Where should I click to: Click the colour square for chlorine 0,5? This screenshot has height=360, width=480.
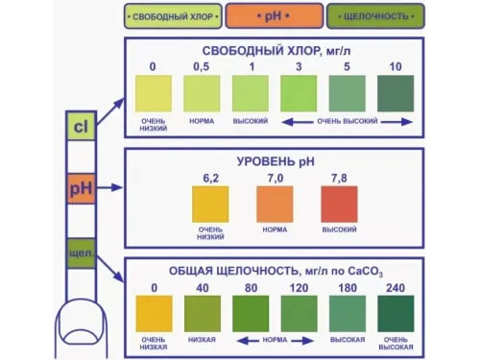pos(202,94)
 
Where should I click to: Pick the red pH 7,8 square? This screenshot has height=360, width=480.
pos(337,204)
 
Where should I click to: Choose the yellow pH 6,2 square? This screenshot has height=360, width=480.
pos(210,204)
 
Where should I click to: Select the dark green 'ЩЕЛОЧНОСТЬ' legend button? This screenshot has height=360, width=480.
pos(377,16)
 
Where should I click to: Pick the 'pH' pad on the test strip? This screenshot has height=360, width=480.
pos(79,189)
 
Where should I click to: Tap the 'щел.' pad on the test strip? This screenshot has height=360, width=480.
pos(79,252)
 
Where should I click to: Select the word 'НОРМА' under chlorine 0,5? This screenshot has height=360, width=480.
pos(202,123)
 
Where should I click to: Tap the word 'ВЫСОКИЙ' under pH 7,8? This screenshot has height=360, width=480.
pos(337,231)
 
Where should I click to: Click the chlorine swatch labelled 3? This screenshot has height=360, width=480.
pos(299,94)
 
